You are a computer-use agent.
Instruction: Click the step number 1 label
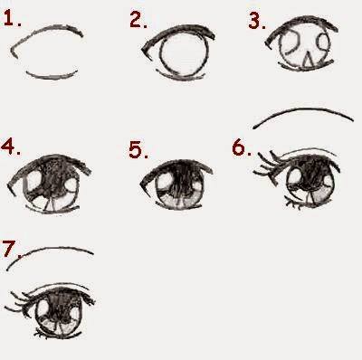click(12, 19)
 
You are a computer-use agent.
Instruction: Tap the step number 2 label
click(138, 20)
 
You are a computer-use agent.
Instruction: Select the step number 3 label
click(257, 21)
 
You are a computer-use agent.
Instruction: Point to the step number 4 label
click(11, 147)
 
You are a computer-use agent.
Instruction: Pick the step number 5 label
click(138, 150)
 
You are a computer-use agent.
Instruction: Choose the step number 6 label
click(242, 147)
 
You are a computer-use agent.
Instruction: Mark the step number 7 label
click(11, 249)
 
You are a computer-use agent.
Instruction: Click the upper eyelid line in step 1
click(48, 29)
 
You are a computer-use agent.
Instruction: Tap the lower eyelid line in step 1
click(52, 77)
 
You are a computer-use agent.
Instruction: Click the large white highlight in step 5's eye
click(165, 182)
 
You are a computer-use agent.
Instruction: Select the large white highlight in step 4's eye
click(33, 181)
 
